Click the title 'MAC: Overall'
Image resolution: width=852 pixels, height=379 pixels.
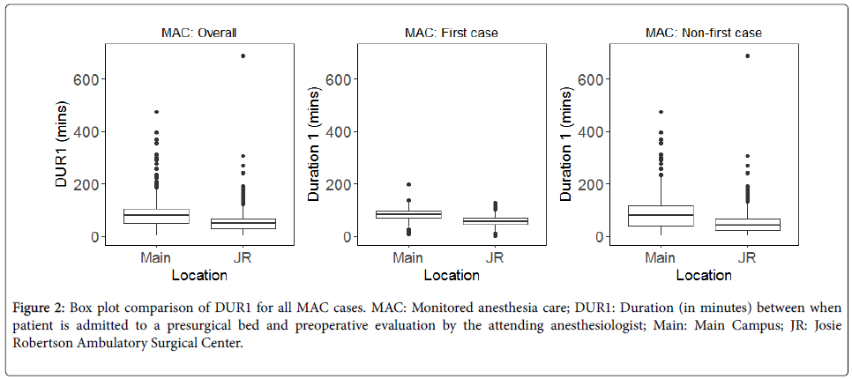pyautogui.click(x=198, y=33)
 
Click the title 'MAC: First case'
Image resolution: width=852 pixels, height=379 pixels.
pyautogui.click(x=451, y=33)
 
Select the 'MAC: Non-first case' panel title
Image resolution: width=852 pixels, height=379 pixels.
pyautogui.click(x=703, y=33)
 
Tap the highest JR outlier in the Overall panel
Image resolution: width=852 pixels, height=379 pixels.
pyautogui.click(x=243, y=56)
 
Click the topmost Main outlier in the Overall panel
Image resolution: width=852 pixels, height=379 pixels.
pyautogui.click(x=156, y=112)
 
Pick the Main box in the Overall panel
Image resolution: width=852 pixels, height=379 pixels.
pyautogui.click(x=156, y=217)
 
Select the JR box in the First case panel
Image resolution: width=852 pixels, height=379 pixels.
pyautogui.click(x=495, y=220)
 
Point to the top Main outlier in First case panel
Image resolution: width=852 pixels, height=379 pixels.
pyautogui.click(x=408, y=185)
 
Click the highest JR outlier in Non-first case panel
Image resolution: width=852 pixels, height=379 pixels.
pyautogui.click(x=747, y=56)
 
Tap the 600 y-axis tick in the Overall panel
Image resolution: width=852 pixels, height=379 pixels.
pyautogui.click(x=86, y=79)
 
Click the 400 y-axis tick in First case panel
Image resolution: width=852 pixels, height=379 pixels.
pyautogui.click(x=338, y=132)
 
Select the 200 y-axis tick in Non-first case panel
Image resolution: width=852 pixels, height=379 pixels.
pyautogui.click(x=590, y=184)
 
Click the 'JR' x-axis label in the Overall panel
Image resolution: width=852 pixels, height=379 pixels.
pyautogui.click(x=243, y=258)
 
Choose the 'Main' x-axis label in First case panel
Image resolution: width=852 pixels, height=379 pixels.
pyautogui.click(x=408, y=258)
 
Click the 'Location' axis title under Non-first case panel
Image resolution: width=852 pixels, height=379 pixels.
pyautogui.click(x=704, y=275)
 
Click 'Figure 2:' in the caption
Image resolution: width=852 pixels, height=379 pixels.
pyautogui.click(x=40, y=308)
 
